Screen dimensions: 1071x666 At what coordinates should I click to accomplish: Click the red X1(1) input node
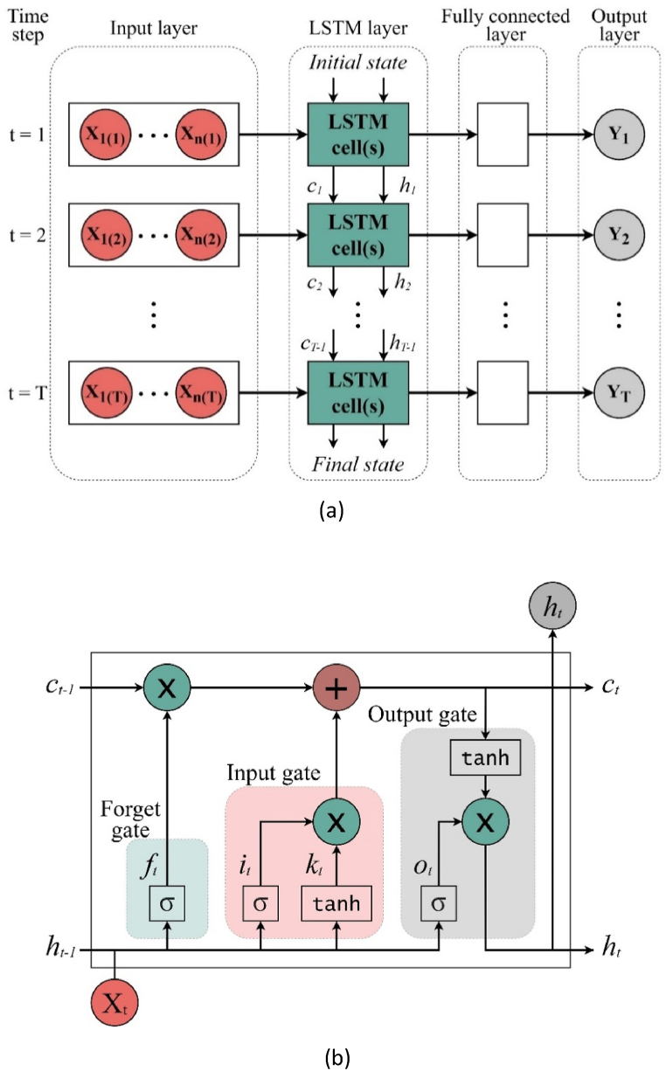click(x=104, y=135)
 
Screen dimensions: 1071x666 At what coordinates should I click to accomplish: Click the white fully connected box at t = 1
click(x=503, y=135)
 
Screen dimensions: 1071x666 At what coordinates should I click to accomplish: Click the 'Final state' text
click(x=358, y=464)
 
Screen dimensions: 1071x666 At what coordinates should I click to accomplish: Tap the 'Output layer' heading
click(x=619, y=27)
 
